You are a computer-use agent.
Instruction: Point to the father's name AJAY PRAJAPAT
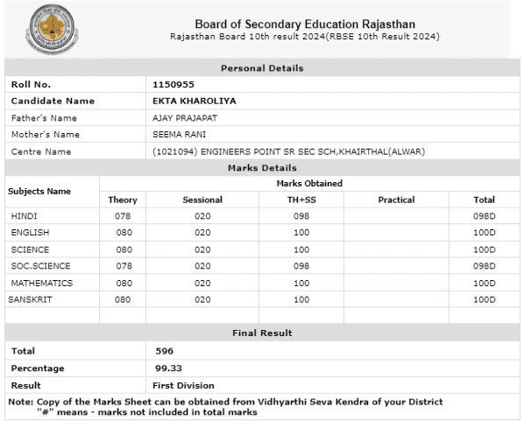(186, 118)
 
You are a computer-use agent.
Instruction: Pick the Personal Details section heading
(262, 67)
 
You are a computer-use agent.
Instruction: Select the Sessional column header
(202, 200)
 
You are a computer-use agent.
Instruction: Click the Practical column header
(396, 200)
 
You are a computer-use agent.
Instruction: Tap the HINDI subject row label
(25, 215)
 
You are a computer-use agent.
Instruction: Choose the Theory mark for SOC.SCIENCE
(123, 266)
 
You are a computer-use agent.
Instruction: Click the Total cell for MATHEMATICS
(484, 283)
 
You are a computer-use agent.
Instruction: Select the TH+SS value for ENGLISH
(301, 233)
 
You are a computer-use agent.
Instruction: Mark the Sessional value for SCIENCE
(202, 249)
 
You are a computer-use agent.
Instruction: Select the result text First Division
(184, 385)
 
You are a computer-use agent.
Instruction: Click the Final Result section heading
(262, 333)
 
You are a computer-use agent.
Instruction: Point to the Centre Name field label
(40, 151)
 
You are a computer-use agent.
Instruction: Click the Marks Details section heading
(262, 167)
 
